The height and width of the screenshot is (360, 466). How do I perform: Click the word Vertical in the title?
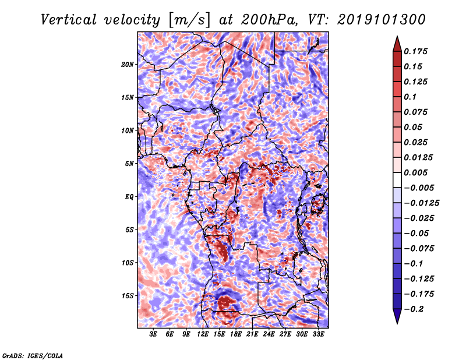click(69, 20)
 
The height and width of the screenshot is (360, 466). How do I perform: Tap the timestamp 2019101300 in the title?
click(382, 20)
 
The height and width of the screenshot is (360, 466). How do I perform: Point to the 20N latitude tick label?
click(128, 65)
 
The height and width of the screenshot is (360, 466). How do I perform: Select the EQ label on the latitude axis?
click(129, 197)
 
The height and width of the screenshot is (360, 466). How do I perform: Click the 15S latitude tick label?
click(128, 296)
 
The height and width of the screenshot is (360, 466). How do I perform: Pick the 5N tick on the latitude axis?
click(129, 164)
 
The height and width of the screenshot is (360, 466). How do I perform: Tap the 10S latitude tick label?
click(128, 263)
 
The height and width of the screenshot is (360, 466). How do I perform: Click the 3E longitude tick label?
click(153, 334)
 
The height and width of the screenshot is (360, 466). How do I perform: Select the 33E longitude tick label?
click(318, 334)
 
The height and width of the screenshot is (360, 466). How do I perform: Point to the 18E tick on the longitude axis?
click(236, 334)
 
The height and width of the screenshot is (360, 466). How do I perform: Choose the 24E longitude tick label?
click(269, 334)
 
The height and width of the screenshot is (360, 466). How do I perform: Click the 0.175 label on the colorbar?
click(415, 51)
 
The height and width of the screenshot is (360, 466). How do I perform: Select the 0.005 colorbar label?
click(415, 172)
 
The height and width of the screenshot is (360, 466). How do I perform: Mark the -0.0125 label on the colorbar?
click(421, 203)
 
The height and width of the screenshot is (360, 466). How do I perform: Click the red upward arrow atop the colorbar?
click(397, 44)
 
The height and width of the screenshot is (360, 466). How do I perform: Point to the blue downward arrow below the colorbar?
click(397, 316)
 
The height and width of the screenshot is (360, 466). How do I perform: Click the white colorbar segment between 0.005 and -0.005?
click(397, 180)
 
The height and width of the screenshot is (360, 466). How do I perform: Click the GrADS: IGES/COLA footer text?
click(33, 355)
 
